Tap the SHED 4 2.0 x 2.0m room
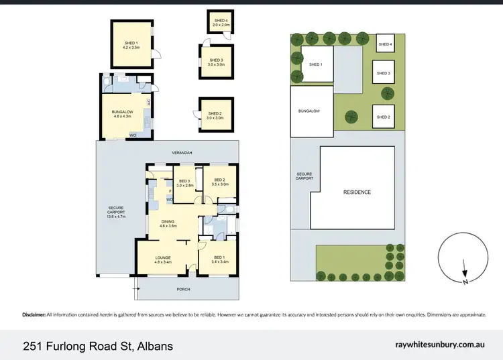(221, 23)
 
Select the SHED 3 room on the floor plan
(216, 62)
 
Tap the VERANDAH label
(182, 153)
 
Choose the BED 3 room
(184, 182)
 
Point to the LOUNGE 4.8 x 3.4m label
(163, 259)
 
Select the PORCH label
(184, 289)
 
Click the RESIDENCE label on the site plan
(357, 192)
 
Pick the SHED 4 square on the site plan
(384, 44)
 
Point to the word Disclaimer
(34, 314)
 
